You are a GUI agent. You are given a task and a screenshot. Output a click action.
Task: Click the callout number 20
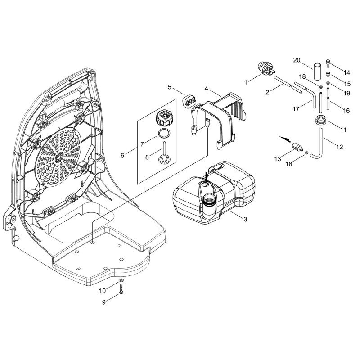point(297,60)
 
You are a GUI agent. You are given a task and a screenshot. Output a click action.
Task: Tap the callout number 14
point(346,72)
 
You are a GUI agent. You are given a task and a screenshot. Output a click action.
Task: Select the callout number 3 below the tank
point(245,219)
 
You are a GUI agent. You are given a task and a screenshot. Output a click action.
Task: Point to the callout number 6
point(122,156)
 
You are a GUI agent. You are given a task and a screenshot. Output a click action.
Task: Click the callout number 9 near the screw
point(104,302)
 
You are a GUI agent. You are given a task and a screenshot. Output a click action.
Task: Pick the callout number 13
point(278,159)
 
